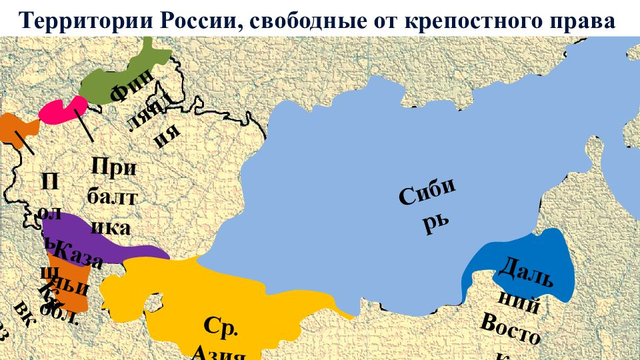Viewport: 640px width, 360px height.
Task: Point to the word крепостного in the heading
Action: click(477, 20)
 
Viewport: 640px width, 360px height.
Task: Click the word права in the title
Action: click(587, 20)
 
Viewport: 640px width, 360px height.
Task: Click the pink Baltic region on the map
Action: click(60, 111)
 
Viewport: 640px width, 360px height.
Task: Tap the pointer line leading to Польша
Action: click(24, 142)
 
